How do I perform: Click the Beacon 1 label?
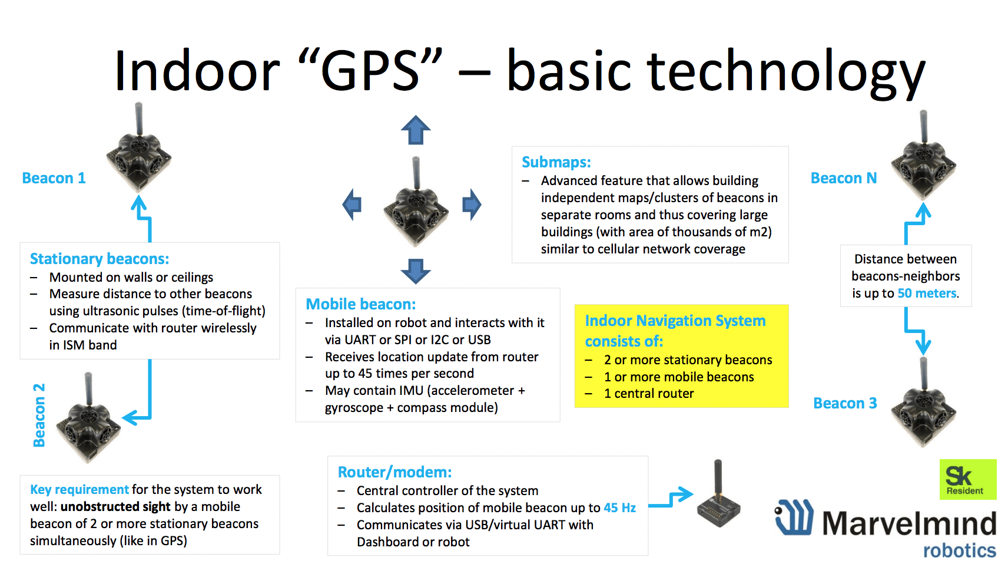54,179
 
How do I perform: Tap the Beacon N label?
844,179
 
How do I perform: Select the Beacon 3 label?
845,403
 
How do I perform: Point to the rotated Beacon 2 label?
39,415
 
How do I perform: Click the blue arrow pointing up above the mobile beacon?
416,130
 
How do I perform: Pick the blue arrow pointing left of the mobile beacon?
352,205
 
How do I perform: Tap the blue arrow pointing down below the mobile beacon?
416,271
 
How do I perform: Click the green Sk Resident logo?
968,479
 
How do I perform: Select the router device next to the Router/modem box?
719,499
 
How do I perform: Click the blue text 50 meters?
927,294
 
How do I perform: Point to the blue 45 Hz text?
619,508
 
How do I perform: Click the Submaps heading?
556,162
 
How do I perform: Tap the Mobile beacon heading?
361,305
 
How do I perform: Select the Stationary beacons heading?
100,259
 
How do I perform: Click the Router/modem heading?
394,473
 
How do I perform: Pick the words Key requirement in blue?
79,490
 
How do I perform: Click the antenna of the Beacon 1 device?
139,119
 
